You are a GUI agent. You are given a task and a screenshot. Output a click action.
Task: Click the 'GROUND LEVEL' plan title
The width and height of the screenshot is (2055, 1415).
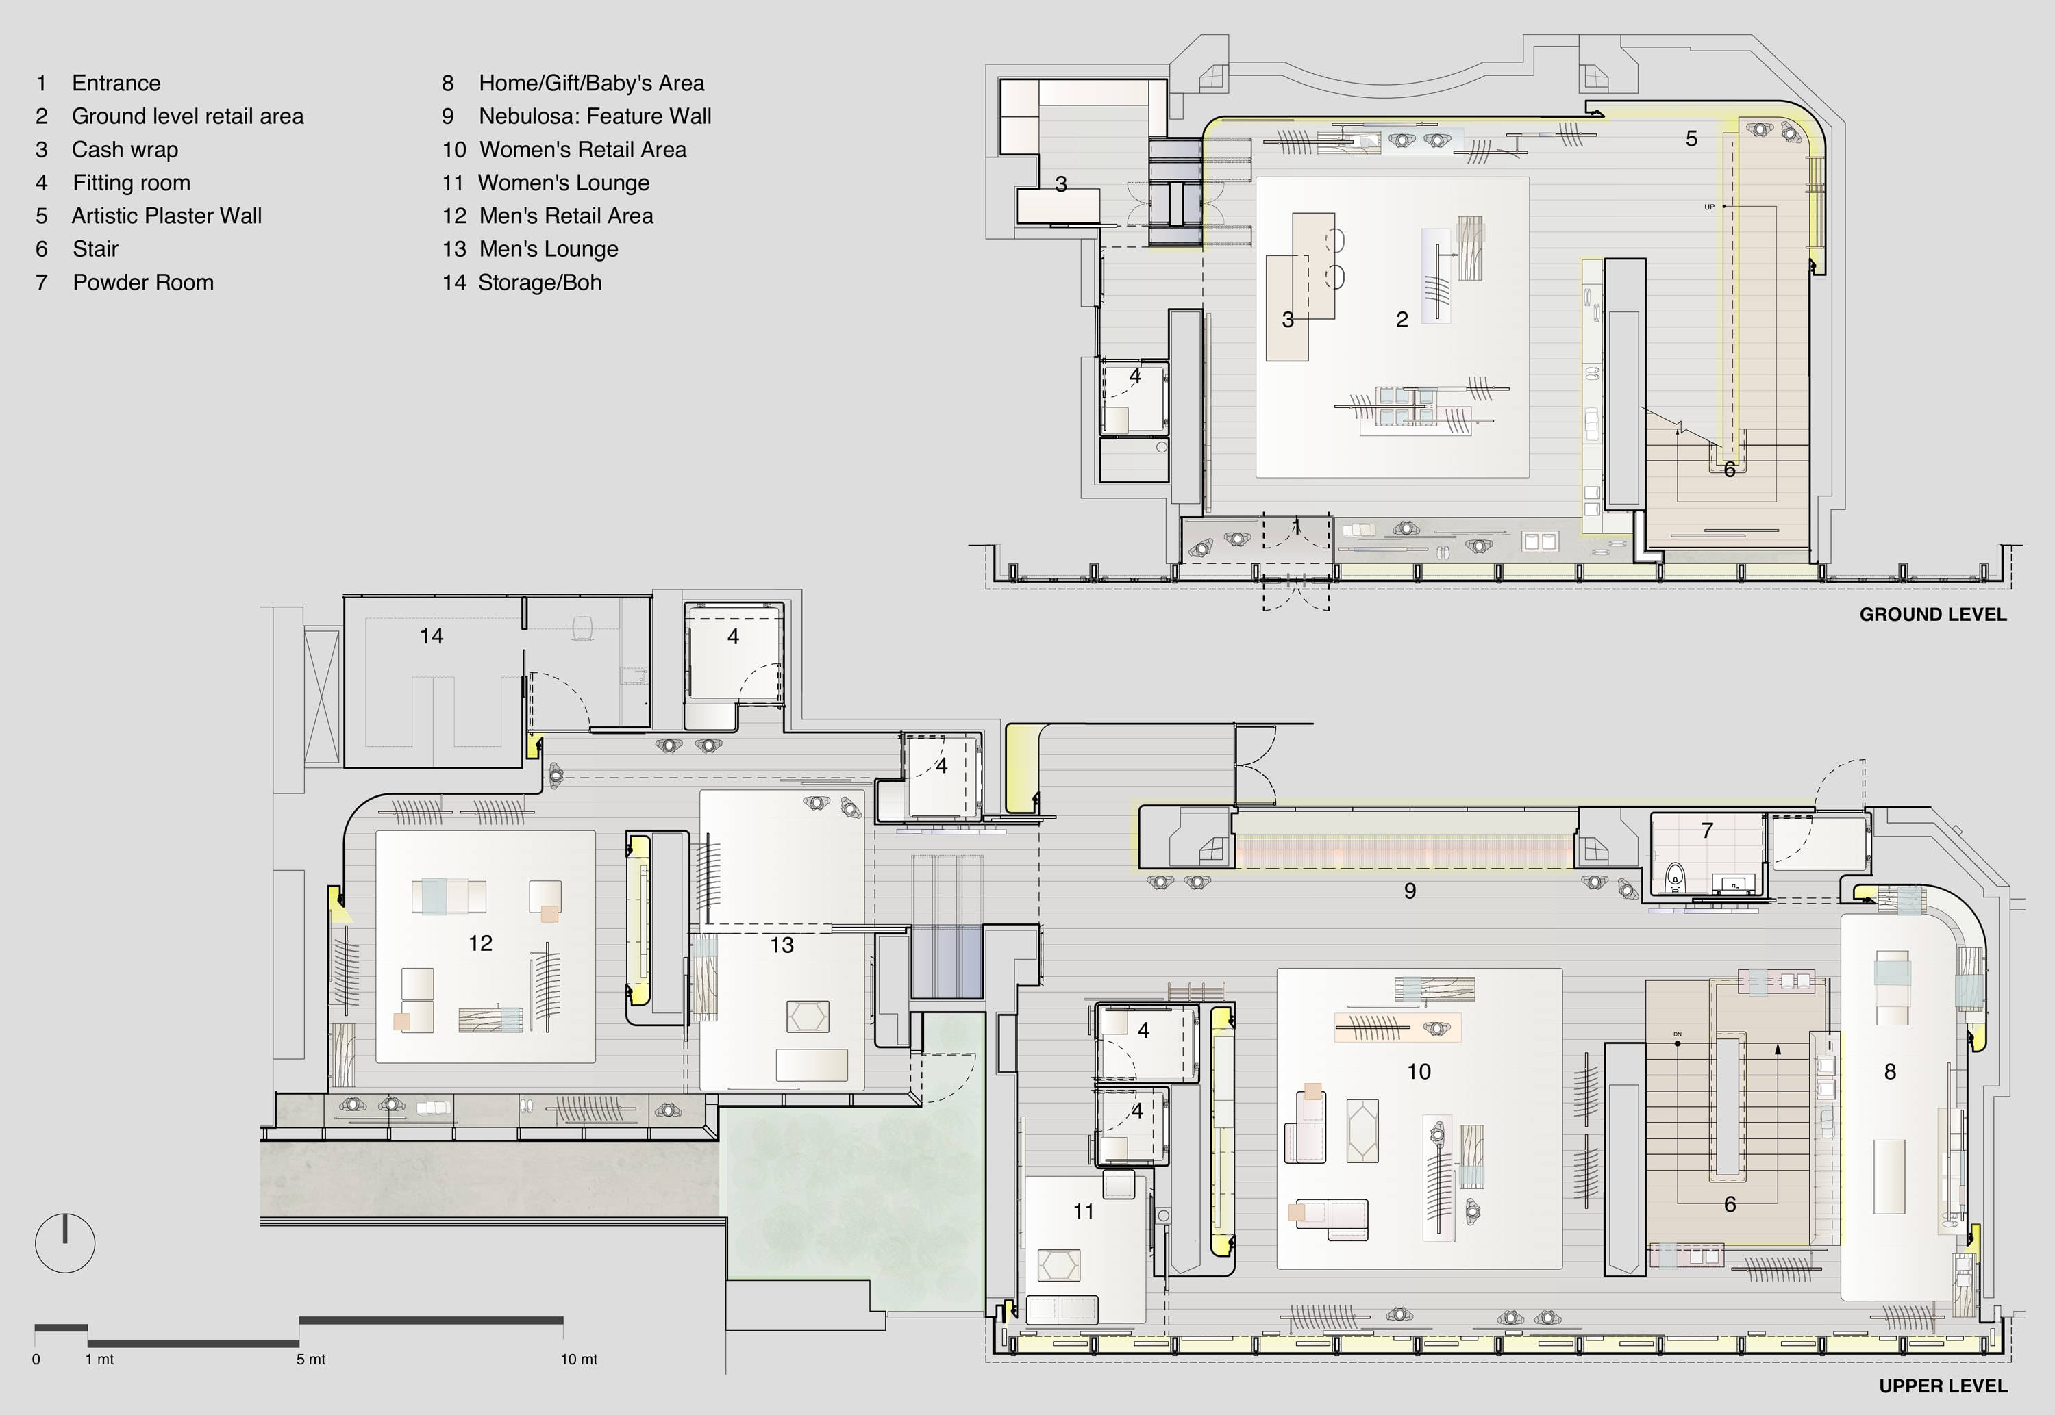[x=1932, y=615]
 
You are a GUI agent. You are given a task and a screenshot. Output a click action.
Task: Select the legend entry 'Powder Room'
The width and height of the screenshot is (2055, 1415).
[x=142, y=283]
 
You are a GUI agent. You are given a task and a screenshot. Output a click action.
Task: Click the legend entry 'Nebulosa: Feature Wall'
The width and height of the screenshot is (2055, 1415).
[x=595, y=116]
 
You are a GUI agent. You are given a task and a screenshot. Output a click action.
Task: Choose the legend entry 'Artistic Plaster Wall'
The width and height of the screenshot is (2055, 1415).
[x=166, y=216]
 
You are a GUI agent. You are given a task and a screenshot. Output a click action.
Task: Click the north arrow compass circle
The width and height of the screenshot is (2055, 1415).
[x=65, y=1243]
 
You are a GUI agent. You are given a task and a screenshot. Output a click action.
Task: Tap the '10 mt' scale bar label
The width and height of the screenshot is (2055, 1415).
[x=579, y=1359]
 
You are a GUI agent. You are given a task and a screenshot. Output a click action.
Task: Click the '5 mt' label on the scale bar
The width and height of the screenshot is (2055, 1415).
[x=311, y=1359]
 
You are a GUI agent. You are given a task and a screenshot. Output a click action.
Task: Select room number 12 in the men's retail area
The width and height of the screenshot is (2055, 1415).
[x=480, y=943]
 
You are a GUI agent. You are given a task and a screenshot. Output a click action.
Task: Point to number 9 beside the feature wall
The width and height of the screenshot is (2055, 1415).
[x=1410, y=891]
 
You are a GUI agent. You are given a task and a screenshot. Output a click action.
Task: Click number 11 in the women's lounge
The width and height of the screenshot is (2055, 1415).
[x=1083, y=1212]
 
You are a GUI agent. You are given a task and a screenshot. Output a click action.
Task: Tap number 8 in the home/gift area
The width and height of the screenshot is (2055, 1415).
[x=1890, y=1072]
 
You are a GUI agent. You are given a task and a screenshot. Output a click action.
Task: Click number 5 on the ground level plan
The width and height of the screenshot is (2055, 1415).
[x=1691, y=139]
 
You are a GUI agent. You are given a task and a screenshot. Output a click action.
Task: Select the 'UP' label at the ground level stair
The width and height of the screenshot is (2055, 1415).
[x=1709, y=207]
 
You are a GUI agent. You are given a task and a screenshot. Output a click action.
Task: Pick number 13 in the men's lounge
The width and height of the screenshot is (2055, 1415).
[x=782, y=946]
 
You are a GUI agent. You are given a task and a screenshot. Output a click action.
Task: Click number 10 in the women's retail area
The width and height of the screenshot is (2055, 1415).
[x=1419, y=1072]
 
